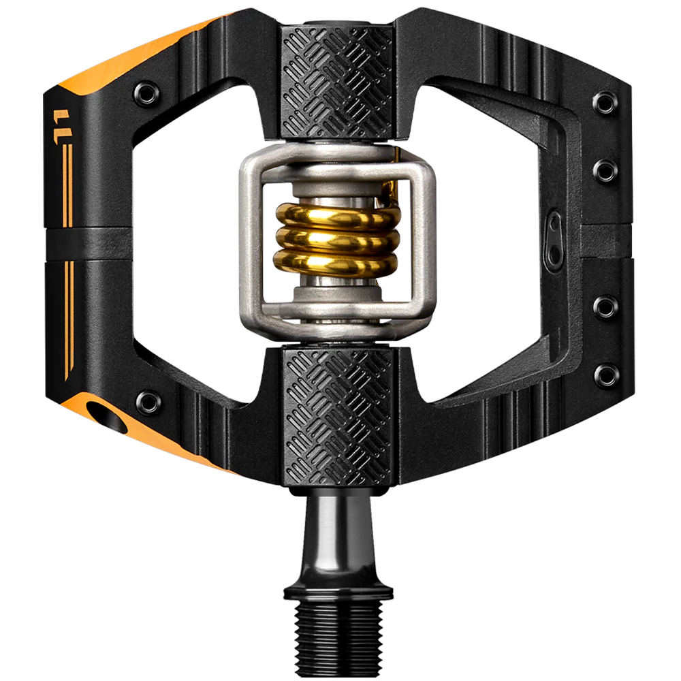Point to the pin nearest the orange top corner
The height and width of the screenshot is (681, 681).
pyautogui.click(x=147, y=91)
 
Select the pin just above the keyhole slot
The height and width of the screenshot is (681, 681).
pyautogui.click(x=605, y=169)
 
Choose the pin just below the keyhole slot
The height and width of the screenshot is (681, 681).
pyautogui.click(x=605, y=307)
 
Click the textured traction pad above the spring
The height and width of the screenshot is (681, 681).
pyautogui.click(x=338, y=82)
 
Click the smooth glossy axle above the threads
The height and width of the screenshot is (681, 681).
pyautogui.click(x=338, y=531)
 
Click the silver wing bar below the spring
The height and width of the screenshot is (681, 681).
pyautogui.click(x=338, y=320)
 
